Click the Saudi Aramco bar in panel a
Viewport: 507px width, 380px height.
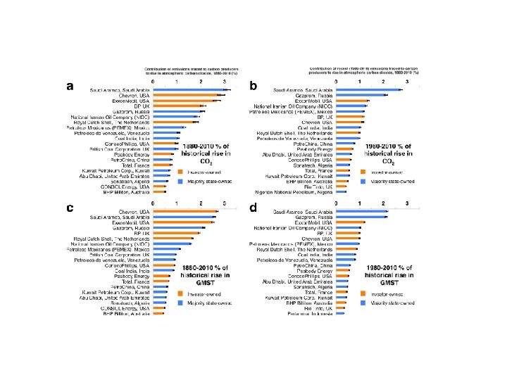tap(192, 89)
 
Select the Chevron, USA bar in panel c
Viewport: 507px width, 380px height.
tap(187, 212)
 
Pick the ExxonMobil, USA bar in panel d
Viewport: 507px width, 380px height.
tap(350, 222)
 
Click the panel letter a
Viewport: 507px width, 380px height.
tap(70, 86)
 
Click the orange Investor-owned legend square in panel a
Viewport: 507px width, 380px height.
tap(180, 171)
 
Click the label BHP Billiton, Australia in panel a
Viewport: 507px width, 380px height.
tap(131, 191)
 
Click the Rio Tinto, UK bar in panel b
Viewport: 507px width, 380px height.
tap(342, 186)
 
